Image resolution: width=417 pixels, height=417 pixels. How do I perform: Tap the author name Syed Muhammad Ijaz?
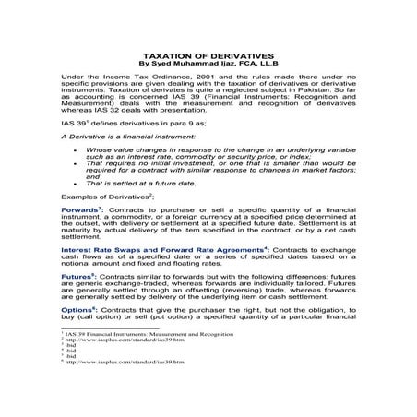[196, 65]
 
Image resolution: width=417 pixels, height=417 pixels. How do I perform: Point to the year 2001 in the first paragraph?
[186, 79]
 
